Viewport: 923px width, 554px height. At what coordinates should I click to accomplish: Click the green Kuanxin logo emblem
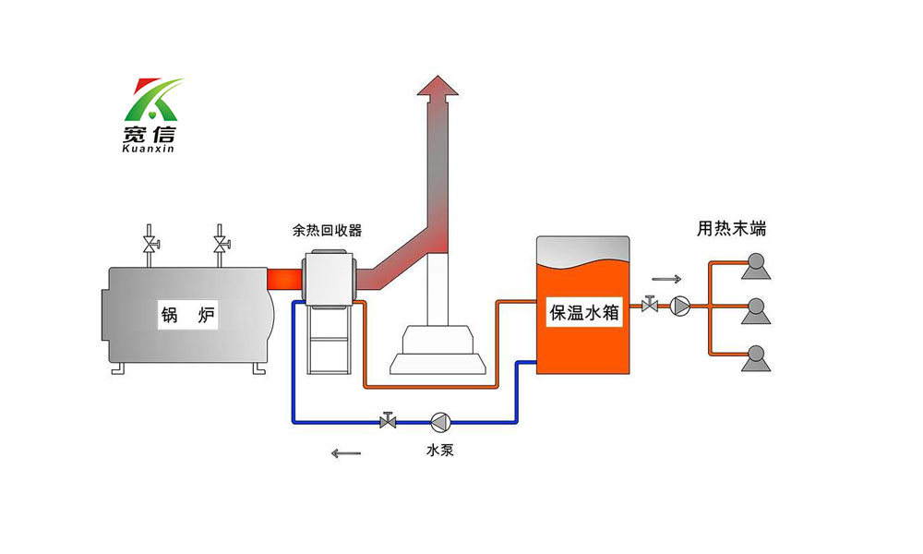[154, 99]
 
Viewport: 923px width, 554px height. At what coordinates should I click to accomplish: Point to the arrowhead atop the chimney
[437, 85]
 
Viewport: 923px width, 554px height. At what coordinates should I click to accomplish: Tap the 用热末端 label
[731, 229]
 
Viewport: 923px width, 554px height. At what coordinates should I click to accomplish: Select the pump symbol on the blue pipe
[439, 423]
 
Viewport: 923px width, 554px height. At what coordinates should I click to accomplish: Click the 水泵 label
[439, 451]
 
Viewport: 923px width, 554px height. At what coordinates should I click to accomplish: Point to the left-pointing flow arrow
[346, 452]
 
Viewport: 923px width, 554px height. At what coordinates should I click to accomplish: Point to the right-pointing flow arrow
[666, 279]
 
